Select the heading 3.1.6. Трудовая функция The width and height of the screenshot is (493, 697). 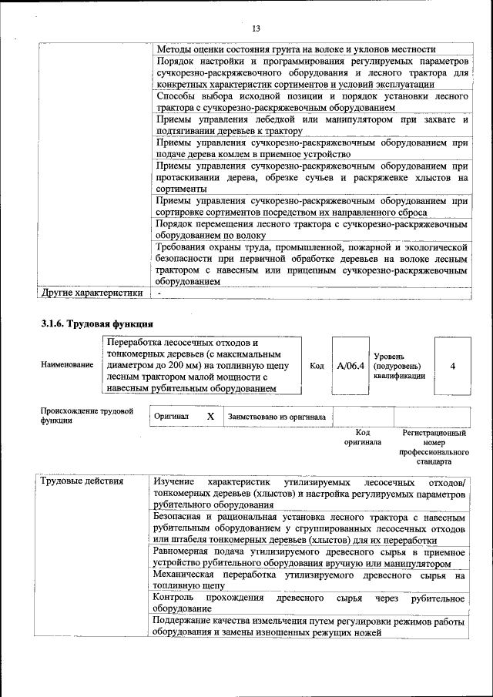click(x=97, y=323)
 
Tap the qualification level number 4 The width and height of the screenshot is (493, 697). click(x=452, y=366)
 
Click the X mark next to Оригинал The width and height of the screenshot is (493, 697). click(x=210, y=416)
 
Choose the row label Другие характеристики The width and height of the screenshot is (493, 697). click(x=92, y=293)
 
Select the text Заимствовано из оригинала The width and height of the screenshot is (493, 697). click(x=276, y=417)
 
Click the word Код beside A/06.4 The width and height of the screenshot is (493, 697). click(x=316, y=366)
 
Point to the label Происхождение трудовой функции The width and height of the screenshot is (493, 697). click(x=87, y=416)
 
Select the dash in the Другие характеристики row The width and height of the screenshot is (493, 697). click(x=159, y=293)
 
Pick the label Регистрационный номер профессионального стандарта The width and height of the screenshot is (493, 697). click(x=434, y=447)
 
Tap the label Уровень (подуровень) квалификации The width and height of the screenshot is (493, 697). click(x=398, y=366)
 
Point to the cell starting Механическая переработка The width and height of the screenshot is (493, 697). click(x=309, y=580)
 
